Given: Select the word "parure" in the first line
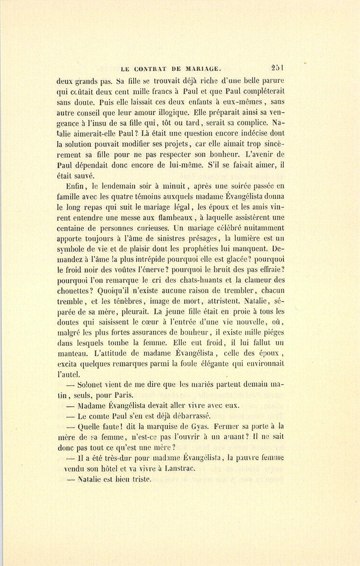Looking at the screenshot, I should click(x=271, y=80).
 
